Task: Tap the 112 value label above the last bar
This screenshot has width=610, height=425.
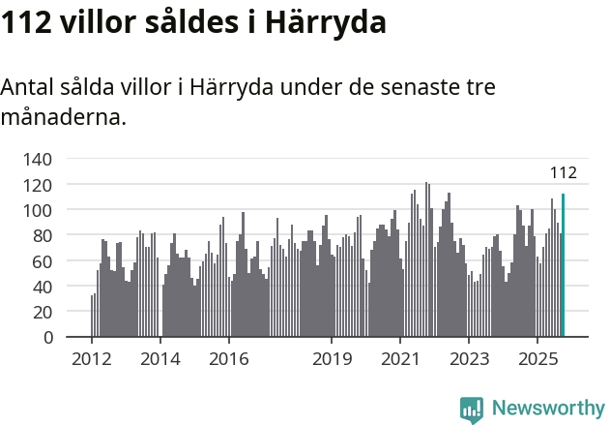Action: point(563,173)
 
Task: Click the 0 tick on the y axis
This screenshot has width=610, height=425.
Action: point(45,338)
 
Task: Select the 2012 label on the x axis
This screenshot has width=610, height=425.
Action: point(92,359)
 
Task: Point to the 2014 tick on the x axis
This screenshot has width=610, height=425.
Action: point(160,359)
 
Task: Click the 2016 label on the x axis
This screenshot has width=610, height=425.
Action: point(228,359)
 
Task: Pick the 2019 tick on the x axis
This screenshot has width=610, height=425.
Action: point(331,359)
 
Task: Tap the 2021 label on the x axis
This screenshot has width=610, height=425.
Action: point(399,359)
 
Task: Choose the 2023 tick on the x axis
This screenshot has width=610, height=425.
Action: point(468,359)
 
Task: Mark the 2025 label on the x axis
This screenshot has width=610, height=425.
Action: point(537,359)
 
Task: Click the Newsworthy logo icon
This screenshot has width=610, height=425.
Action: point(472,409)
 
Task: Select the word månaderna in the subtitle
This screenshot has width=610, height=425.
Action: point(63,119)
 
